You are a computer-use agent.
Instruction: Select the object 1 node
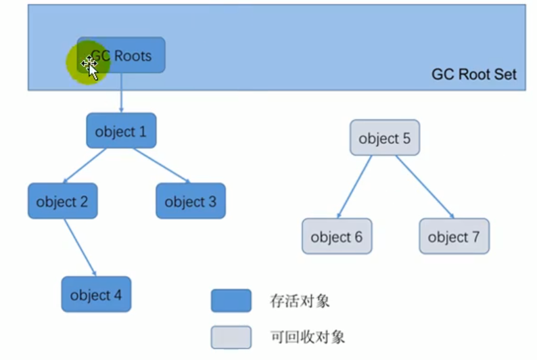tap(121, 131)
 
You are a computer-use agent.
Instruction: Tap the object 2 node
tap(62, 201)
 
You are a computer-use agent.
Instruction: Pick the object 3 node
tap(191, 201)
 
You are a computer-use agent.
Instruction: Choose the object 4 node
tap(96, 294)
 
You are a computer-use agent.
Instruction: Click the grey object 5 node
tap(384, 138)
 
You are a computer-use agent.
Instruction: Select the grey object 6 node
tap(336, 236)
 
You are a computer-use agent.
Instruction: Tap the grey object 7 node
tap(454, 236)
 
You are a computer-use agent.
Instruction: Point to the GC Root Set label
tap(473, 74)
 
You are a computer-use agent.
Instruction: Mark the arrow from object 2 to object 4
tap(80, 247)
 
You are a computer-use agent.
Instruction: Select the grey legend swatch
tap(231, 336)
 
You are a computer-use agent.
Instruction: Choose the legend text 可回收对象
tap(307, 336)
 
